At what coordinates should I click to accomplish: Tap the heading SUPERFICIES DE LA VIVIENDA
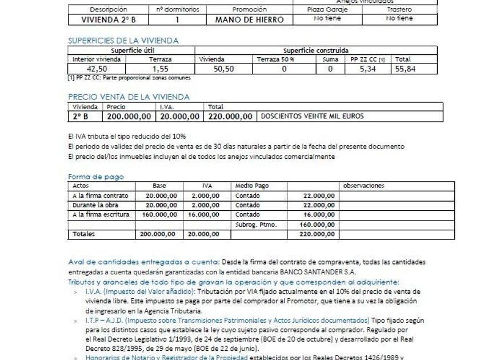point(123,41)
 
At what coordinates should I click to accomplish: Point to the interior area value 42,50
point(97,69)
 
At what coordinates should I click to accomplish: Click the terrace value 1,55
point(161,69)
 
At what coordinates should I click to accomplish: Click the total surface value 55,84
point(407,69)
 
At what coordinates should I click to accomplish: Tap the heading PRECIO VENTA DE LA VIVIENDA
point(129,97)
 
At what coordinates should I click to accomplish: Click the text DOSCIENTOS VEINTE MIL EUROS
point(312,116)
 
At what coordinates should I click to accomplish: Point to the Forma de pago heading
point(96,177)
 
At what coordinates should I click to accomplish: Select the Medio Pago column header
point(252,186)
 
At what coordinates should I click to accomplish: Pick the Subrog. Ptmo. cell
point(256,225)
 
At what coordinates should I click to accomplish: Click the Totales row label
point(84,234)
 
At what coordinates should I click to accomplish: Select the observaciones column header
point(363,186)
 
